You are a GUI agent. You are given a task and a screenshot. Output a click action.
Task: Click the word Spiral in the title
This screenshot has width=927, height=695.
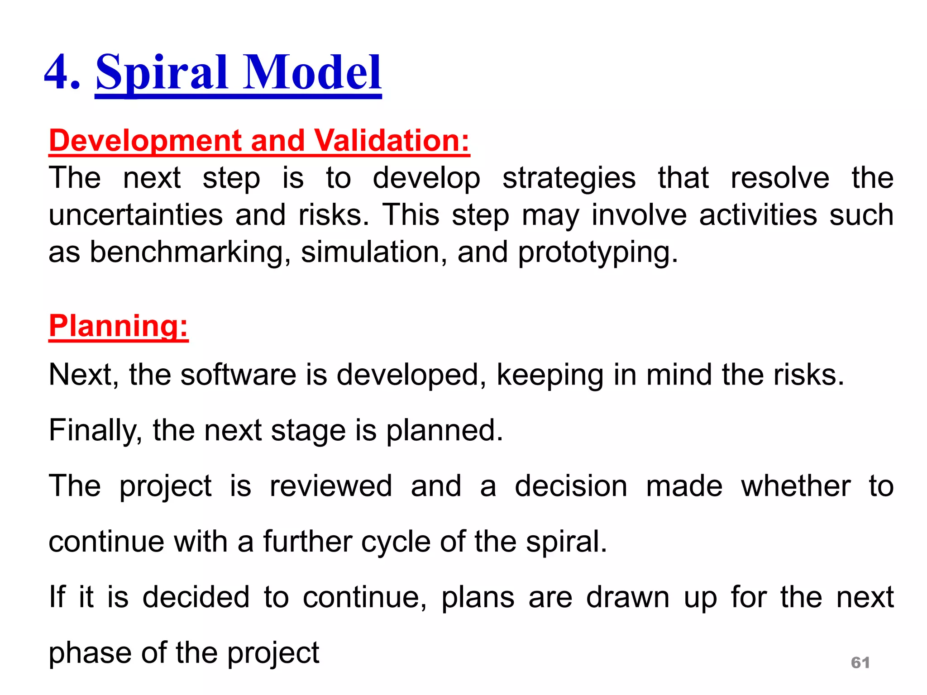point(162,72)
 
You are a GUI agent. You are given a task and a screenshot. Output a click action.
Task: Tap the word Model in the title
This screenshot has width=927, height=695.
point(312,72)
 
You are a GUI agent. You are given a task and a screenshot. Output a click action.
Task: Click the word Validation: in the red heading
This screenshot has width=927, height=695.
point(392,141)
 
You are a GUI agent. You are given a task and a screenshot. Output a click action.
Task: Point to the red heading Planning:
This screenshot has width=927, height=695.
point(118,326)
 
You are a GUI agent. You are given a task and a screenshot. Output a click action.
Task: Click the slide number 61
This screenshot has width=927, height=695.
point(860,662)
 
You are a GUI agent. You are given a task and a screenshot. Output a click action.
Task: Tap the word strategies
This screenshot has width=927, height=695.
point(569,178)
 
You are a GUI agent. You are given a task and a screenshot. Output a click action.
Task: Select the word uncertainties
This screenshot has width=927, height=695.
point(135,215)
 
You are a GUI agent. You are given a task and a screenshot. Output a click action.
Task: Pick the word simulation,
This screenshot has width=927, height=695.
point(374,252)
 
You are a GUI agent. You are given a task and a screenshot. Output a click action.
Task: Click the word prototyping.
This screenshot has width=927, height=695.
point(597,252)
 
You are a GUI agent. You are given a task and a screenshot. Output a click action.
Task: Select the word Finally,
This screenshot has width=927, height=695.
point(95,430)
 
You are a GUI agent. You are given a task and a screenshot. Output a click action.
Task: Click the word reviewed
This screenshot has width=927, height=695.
point(330,486)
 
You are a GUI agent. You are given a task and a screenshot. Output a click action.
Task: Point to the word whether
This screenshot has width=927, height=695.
point(795,486)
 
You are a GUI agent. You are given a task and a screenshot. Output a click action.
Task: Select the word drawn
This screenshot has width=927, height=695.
point(627,597)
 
